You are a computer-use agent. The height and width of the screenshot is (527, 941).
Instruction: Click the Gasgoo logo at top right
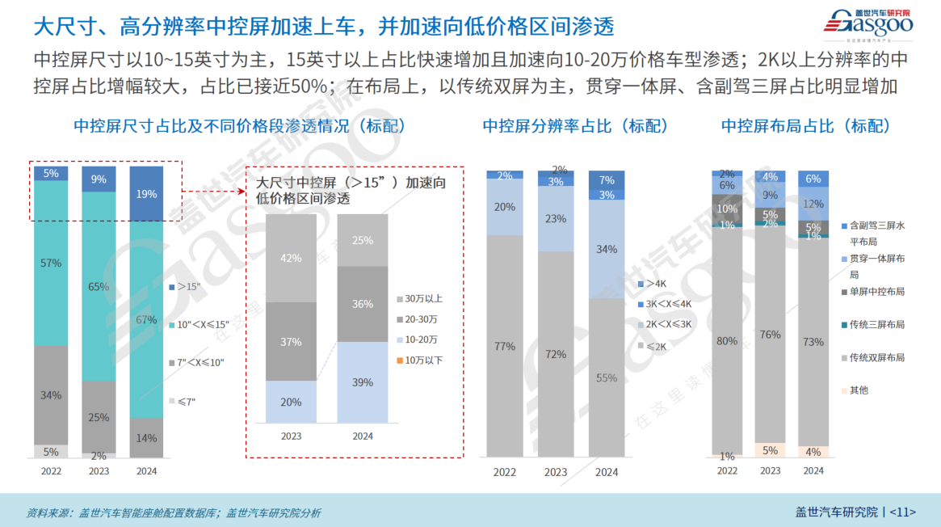click(868, 23)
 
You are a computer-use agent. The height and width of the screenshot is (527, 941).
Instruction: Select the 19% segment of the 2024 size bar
click(146, 194)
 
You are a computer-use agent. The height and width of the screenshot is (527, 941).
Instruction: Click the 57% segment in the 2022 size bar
click(51, 263)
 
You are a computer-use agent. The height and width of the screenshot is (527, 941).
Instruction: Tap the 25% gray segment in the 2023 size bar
click(99, 417)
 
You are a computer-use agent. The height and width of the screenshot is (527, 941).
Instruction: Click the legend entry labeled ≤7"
click(187, 400)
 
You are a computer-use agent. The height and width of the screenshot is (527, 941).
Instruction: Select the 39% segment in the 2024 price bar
click(363, 382)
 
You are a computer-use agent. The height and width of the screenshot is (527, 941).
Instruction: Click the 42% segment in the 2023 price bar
click(291, 258)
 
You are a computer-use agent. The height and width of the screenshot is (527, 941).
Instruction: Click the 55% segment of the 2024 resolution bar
click(607, 377)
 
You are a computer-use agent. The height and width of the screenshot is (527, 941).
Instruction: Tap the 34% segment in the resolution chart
click(607, 249)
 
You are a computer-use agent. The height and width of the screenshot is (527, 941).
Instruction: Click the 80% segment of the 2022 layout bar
click(727, 341)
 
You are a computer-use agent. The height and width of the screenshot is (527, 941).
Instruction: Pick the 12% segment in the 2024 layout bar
click(813, 204)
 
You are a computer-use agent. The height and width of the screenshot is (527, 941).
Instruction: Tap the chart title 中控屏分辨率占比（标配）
click(575, 126)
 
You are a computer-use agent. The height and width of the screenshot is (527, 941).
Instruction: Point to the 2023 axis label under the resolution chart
click(556, 472)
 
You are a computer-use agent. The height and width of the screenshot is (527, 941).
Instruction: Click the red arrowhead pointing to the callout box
click(242, 192)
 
